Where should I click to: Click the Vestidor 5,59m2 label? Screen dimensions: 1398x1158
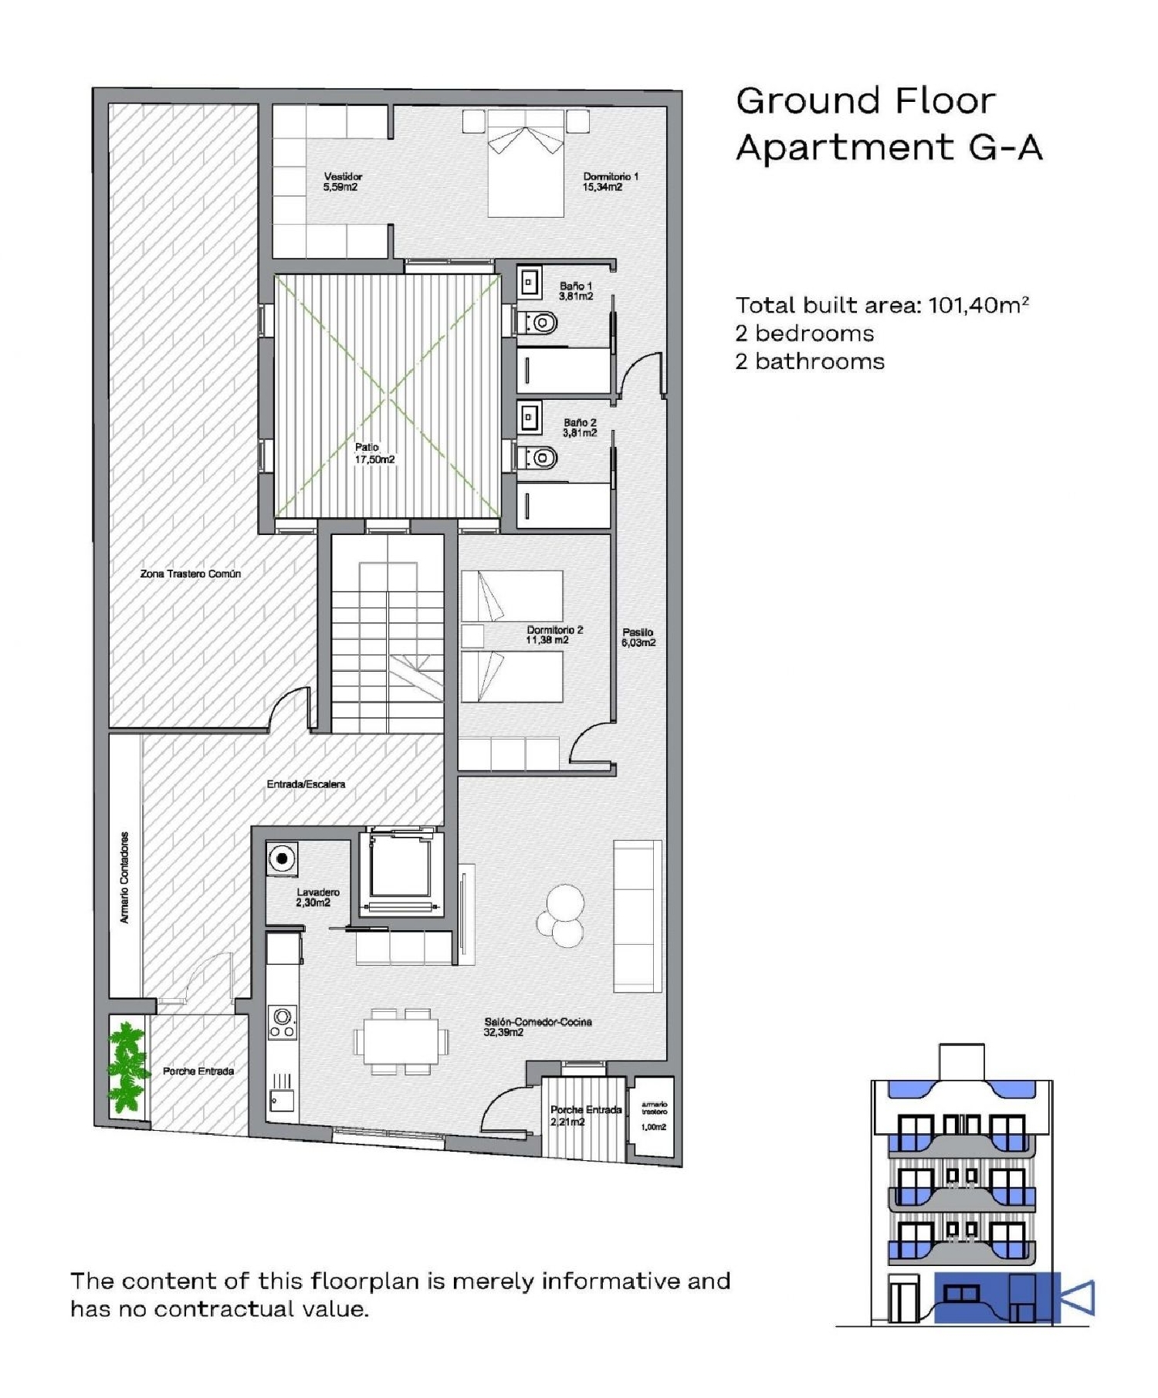(x=342, y=182)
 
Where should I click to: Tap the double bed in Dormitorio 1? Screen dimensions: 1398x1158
(x=526, y=164)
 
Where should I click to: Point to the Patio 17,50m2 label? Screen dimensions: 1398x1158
(x=374, y=454)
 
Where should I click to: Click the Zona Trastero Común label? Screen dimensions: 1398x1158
(x=191, y=574)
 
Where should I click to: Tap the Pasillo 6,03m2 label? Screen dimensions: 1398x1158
(x=638, y=638)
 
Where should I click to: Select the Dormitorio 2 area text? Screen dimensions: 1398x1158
(x=554, y=635)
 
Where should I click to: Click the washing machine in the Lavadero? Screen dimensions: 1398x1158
(x=283, y=859)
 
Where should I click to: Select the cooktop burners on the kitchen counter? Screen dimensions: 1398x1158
(x=283, y=1023)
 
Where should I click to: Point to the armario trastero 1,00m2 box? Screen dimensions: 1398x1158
(x=653, y=1116)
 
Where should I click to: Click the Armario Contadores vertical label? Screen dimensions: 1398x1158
(x=125, y=878)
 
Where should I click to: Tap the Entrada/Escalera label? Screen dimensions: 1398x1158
(x=306, y=784)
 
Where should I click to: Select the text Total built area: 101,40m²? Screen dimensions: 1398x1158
(x=881, y=306)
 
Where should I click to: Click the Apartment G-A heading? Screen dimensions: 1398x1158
(x=889, y=147)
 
